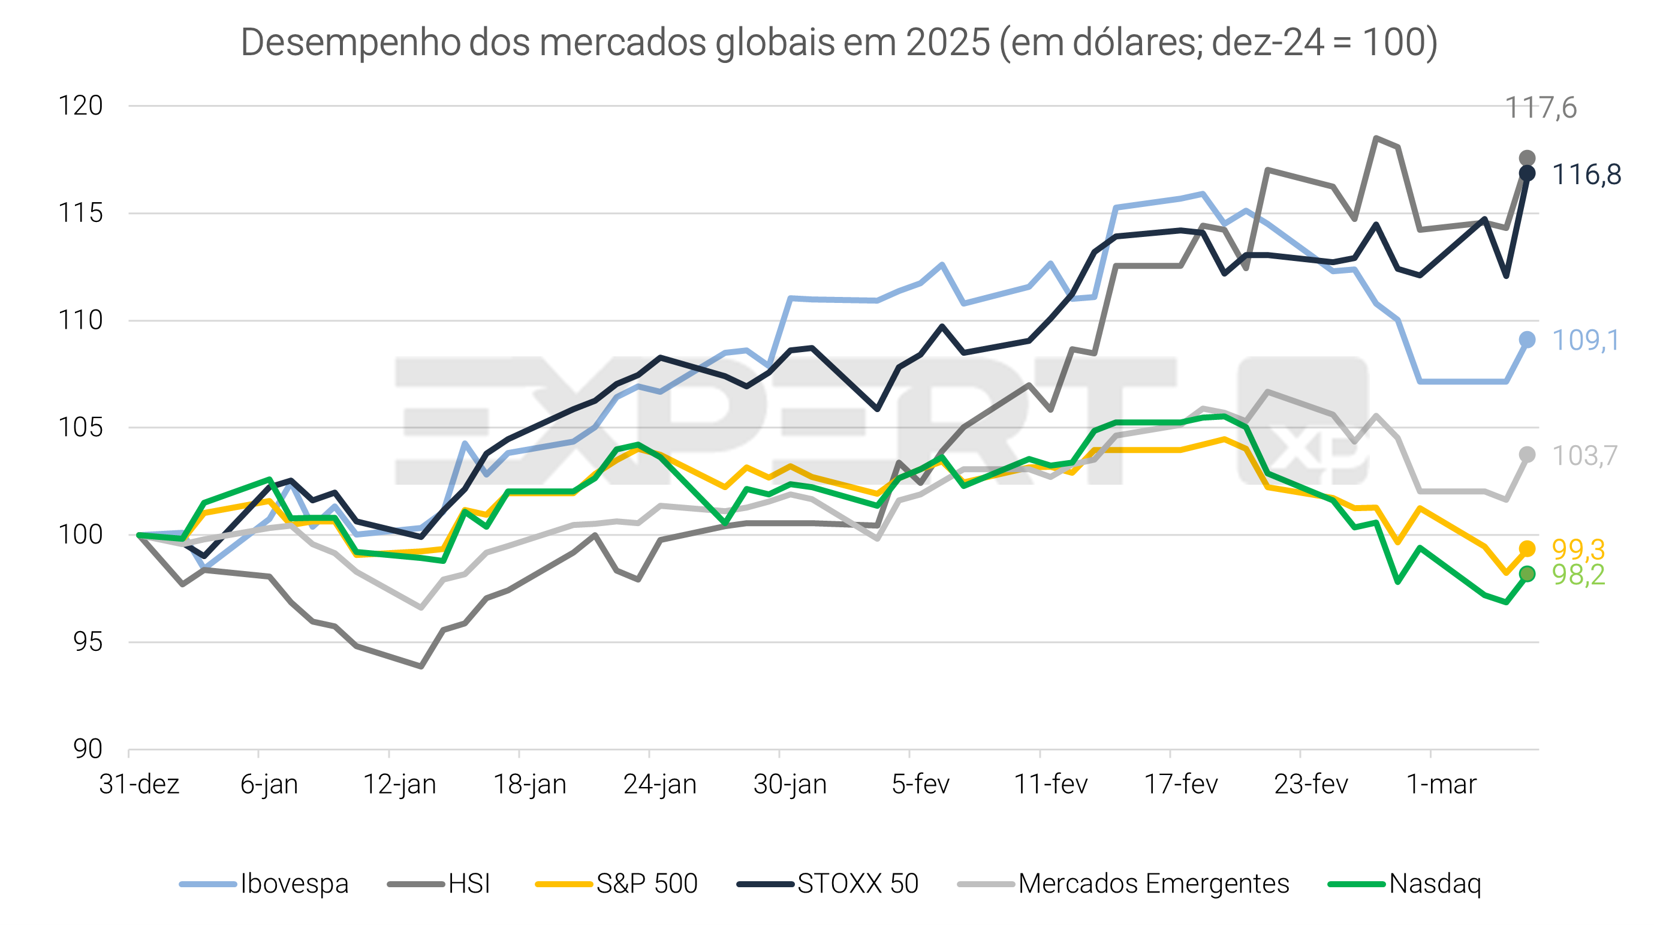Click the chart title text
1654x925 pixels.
pyautogui.click(x=839, y=43)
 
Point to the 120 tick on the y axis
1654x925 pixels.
pyautogui.click(x=80, y=106)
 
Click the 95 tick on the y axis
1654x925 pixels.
pyautogui.click(x=88, y=642)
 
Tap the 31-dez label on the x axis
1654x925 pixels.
pyautogui.click(x=138, y=784)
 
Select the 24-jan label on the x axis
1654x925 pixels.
pyautogui.click(x=660, y=784)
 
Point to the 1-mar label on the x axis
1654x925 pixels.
pyautogui.click(x=1441, y=784)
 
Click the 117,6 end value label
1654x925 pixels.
pyautogui.click(x=1540, y=108)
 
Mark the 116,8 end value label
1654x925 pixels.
pyautogui.click(x=1586, y=175)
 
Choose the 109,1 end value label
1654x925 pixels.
pyautogui.click(x=1585, y=341)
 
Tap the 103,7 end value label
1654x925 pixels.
pyautogui.click(x=1584, y=456)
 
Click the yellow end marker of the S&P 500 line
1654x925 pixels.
pyautogui.click(x=1527, y=548)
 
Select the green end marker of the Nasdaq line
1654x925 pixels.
pyautogui.click(x=1527, y=573)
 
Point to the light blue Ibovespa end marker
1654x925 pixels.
pyautogui.click(x=1527, y=340)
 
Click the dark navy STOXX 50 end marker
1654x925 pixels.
pyautogui.click(x=1527, y=173)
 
